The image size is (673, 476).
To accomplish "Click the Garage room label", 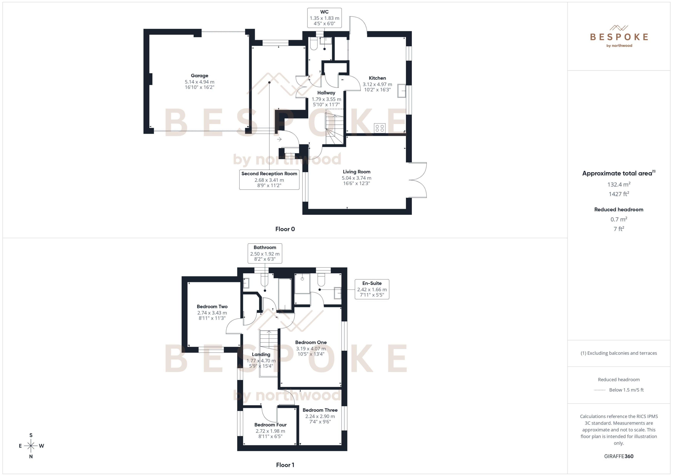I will pos(199,76).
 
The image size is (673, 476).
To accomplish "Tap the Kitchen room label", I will pos(377,78).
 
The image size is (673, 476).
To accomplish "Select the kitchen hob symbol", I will pos(380,128).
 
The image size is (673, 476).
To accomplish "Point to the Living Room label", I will pos(356,172).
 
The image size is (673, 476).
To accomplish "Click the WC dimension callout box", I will pos(324,18).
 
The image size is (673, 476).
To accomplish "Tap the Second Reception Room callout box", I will pos(269,179).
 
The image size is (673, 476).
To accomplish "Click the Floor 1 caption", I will pos(285,465).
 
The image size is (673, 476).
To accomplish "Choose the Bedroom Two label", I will pos(212,307).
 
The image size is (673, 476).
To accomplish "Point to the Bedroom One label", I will pos(311,342).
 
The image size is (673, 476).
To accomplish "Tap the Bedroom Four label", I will pos(270,425).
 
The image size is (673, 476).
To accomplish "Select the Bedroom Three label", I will pos(320,410).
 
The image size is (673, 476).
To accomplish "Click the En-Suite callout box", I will pos(372,289).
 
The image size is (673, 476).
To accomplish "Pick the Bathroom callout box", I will pos(265,253).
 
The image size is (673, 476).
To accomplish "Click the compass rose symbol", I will pos(31,446).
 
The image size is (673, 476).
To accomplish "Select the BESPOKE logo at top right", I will pos(619,37).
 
